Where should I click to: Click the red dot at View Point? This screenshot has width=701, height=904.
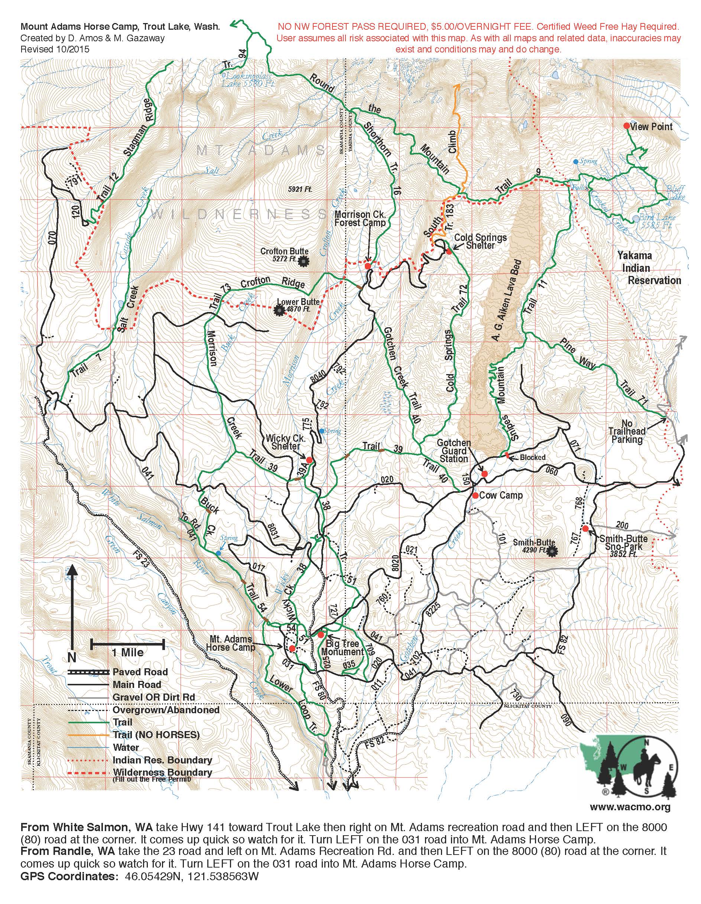627,126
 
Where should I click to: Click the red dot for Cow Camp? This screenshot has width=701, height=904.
476,495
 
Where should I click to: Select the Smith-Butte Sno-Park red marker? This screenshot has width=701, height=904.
585,528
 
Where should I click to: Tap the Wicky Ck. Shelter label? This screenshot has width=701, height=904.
283,442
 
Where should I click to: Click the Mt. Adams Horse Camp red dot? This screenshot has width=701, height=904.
292,648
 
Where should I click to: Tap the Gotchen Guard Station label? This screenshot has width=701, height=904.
454,451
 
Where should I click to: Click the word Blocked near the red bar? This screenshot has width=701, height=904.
530,457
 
